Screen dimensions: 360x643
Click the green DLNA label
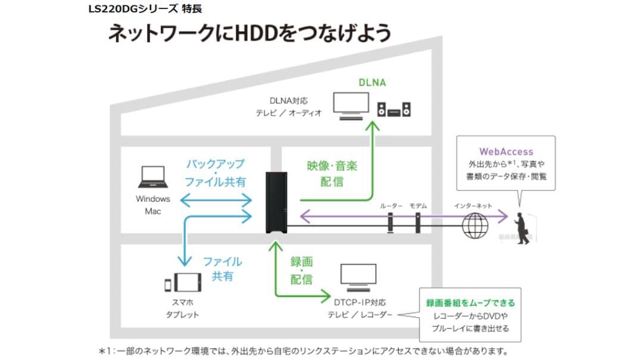373,83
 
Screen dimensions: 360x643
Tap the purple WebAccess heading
506,152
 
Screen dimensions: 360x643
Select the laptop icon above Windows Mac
153,177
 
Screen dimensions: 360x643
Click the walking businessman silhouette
522,228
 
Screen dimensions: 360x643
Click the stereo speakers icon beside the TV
394,109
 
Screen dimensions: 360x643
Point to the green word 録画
301,261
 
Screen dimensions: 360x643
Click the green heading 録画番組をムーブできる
470,303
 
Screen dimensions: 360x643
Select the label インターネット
473,205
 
